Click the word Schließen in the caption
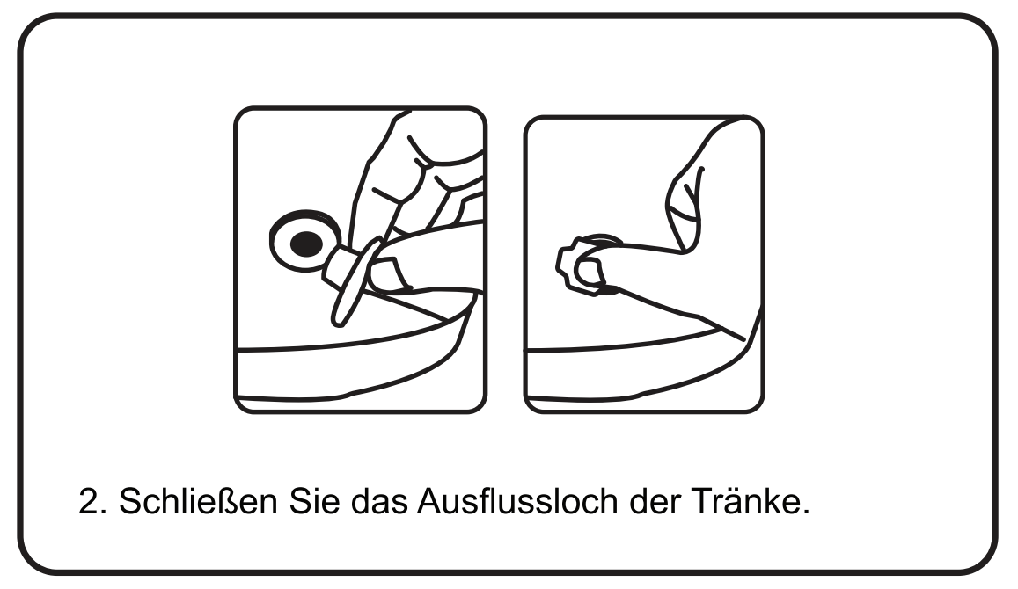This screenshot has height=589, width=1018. [x=198, y=501]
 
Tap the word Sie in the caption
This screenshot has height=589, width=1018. [x=314, y=501]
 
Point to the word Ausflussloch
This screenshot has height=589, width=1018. [x=517, y=501]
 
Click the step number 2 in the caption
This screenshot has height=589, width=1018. [x=88, y=501]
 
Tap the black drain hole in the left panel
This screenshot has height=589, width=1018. [x=305, y=244]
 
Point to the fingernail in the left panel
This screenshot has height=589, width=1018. [x=390, y=274]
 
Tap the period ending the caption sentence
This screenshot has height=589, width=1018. [x=806, y=513]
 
